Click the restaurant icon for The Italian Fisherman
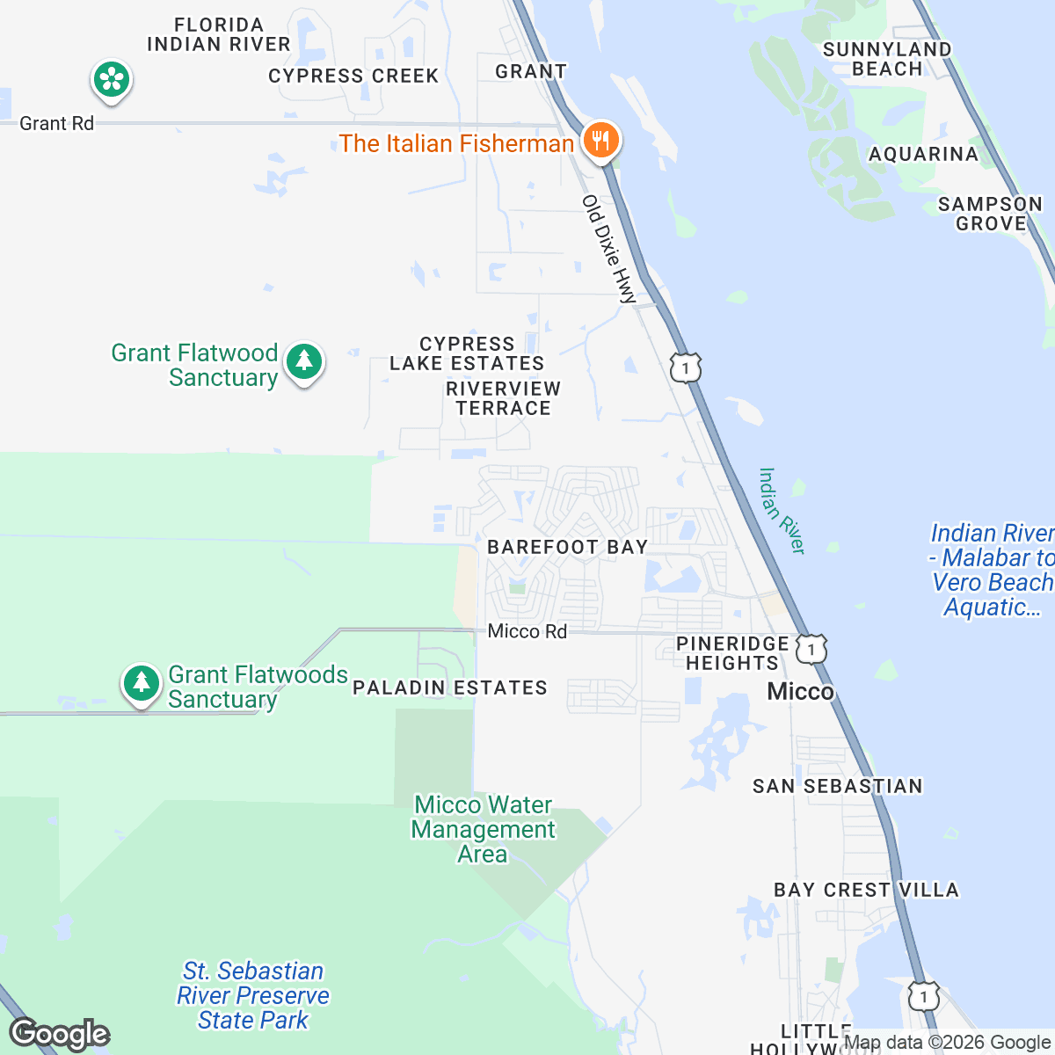pyautogui.click(x=600, y=140)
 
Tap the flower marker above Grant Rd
pyautogui.click(x=112, y=80)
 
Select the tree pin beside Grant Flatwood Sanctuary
pyautogui.click(x=304, y=361)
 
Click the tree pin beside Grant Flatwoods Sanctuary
pyautogui.click(x=141, y=683)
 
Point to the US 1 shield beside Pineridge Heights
pyautogui.click(x=811, y=650)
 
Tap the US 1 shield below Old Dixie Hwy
pyautogui.click(x=686, y=367)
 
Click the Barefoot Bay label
pyautogui.click(x=567, y=547)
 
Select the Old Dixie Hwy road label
pyautogui.click(x=608, y=249)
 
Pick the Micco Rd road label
pyautogui.click(x=527, y=631)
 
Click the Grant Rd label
pyautogui.click(x=56, y=123)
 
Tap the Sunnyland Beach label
pyautogui.click(x=887, y=59)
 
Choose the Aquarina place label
pyautogui.click(x=923, y=155)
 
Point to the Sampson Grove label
pyautogui.click(x=990, y=214)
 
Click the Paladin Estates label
pyautogui.click(x=449, y=688)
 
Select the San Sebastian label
pyautogui.click(x=837, y=786)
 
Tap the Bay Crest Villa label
pyautogui.click(x=866, y=890)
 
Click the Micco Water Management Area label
pyautogui.click(x=484, y=829)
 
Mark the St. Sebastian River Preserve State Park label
pyautogui.click(x=253, y=995)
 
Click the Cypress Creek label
pyautogui.click(x=353, y=76)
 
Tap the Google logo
pyautogui.click(x=60, y=1034)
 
